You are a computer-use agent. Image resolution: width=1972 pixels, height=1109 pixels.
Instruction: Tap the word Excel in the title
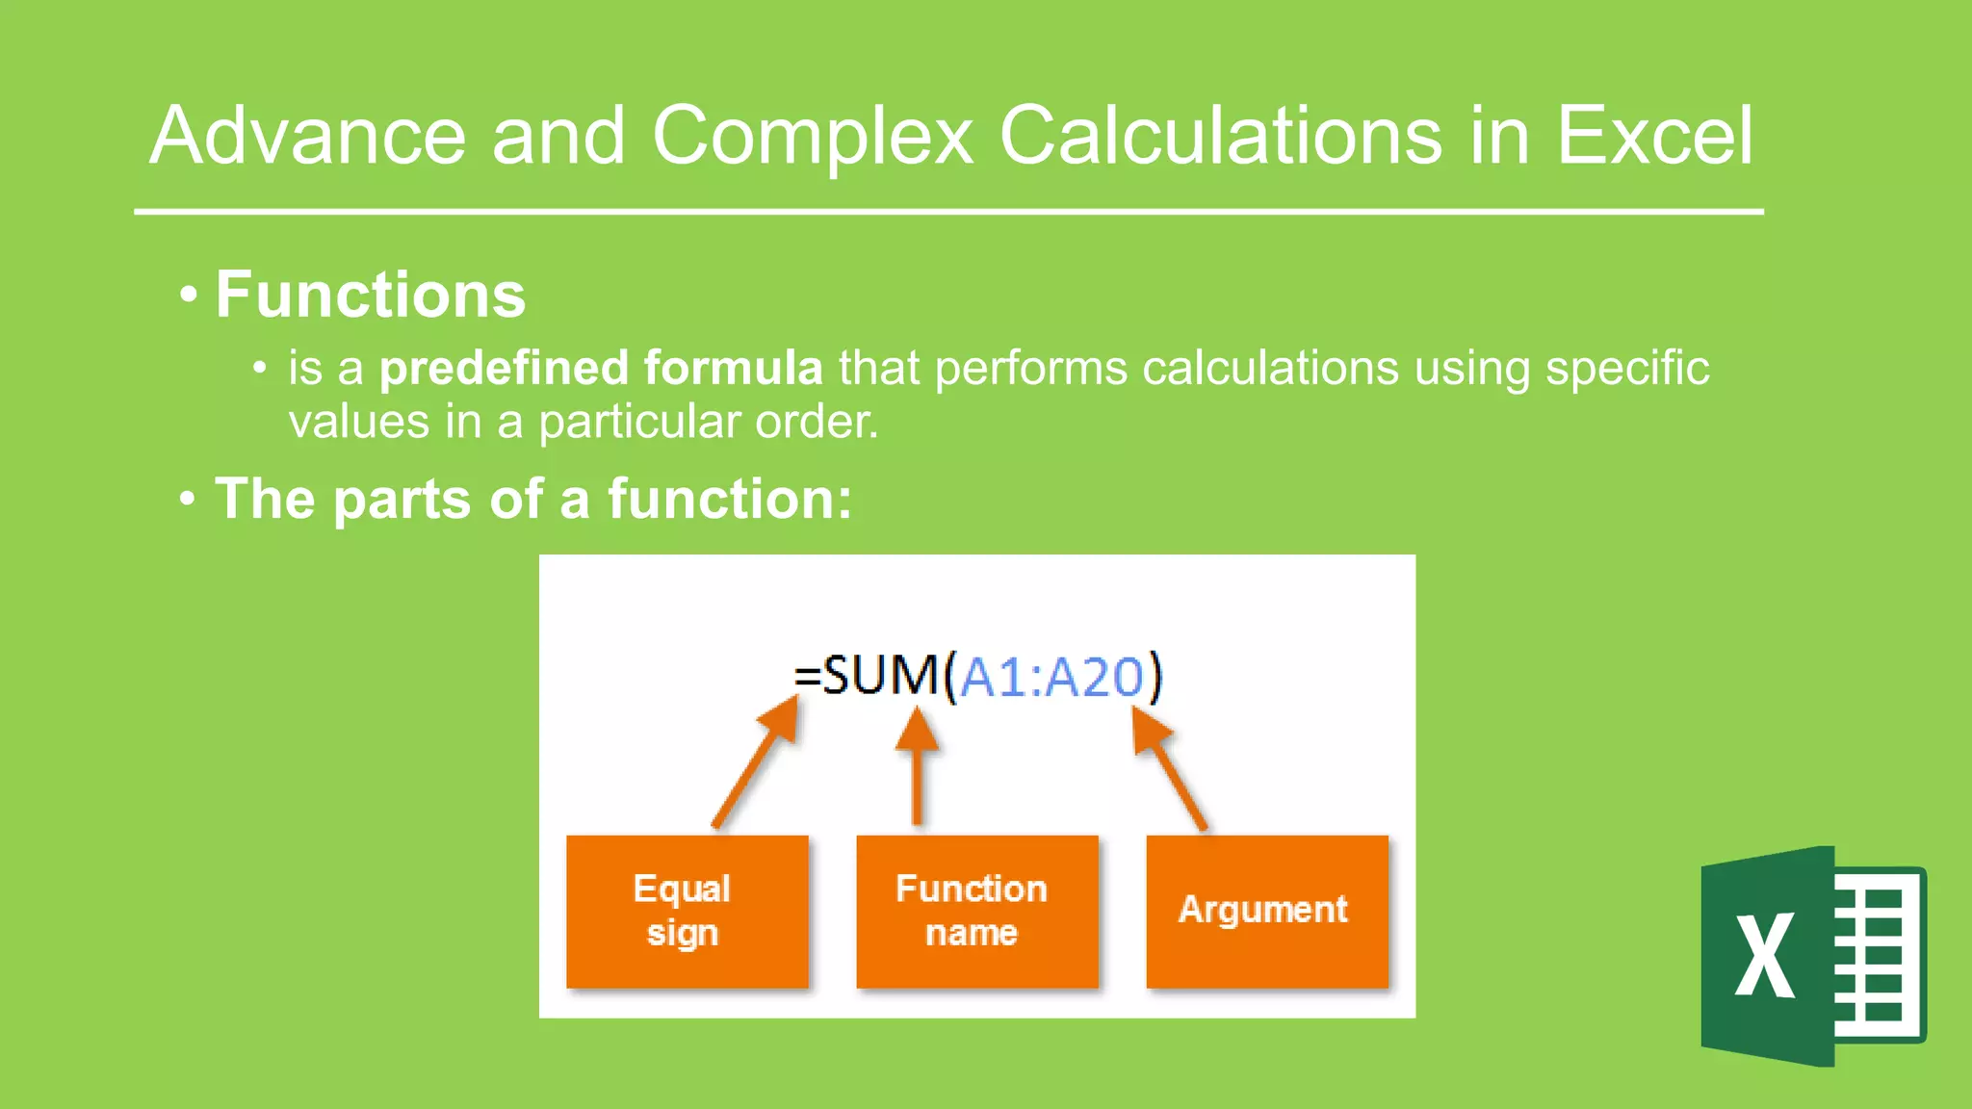[x=1653, y=136]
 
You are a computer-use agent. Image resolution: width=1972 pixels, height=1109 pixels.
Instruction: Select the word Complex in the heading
[x=813, y=136]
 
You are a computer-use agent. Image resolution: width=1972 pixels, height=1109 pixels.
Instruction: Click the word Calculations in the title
[x=1221, y=136]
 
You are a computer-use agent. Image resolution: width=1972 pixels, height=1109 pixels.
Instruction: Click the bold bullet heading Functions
[x=370, y=295]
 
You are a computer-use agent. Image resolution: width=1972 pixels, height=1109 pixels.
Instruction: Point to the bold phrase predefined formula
[x=601, y=369]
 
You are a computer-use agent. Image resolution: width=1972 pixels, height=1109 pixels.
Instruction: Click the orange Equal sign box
[x=687, y=911]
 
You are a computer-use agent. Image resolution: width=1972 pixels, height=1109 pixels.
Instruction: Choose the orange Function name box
[x=976, y=911]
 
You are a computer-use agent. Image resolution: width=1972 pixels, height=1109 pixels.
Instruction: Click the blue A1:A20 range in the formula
[x=1051, y=677]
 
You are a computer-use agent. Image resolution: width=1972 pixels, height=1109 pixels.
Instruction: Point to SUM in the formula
[x=880, y=675]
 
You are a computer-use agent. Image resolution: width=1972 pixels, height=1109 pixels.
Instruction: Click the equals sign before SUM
[x=807, y=677]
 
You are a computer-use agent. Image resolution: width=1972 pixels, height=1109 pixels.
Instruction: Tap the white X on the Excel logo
[x=1764, y=955]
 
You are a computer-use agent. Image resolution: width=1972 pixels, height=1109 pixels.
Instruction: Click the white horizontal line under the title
[x=948, y=212]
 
